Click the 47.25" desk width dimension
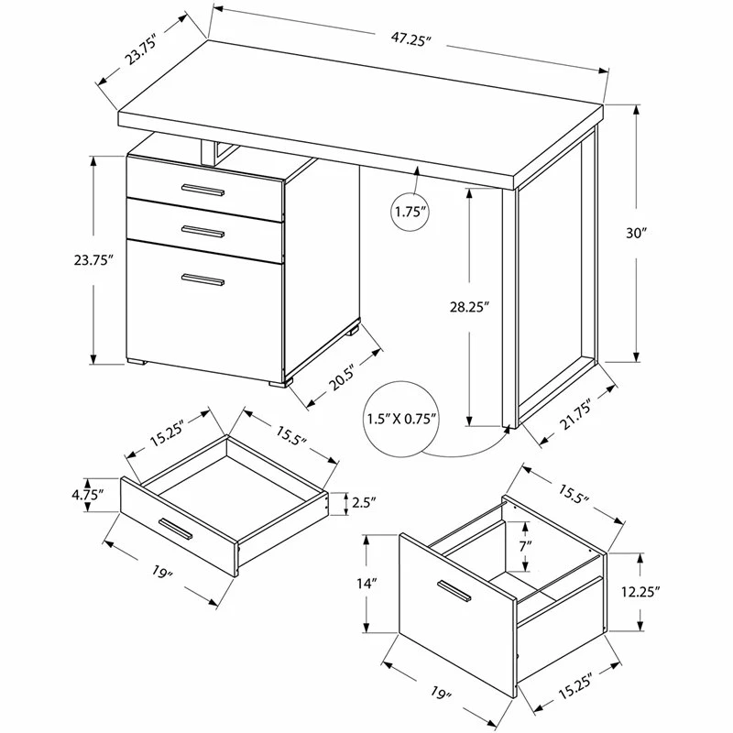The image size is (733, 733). [410, 39]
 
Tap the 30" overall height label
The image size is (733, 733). [636, 233]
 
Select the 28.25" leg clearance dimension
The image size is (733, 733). [469, 307]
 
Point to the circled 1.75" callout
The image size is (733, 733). [410, 213]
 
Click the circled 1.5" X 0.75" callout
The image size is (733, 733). [402, 419]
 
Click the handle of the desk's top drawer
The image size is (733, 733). [202, 190]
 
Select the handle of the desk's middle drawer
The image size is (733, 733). [202, 232]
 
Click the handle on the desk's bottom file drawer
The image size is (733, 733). [202, 279]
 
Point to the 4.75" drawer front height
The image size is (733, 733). [87, 495]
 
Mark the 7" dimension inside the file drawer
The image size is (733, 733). [525, 545]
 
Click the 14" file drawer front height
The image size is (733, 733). [366, 584]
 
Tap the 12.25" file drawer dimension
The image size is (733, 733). [640, 592]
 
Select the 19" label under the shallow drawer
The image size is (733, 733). [163, 571]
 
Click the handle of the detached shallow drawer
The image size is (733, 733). [175, 529]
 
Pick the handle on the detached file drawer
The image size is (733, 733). [454, 591]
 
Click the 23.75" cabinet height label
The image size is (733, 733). [94, 260]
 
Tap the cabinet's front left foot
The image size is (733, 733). [137, 361]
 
